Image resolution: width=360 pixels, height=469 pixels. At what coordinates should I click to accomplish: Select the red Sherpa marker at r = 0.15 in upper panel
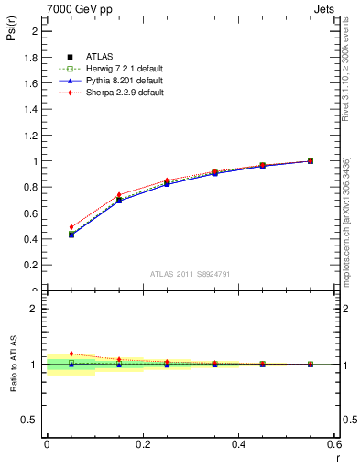(x=118, y=194)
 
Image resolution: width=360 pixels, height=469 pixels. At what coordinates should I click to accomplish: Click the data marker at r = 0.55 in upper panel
(x=311, y=161)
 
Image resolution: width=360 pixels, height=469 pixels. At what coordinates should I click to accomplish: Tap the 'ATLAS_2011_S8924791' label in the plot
(x=191, y=273)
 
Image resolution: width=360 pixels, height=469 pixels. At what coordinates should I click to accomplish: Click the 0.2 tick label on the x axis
(x=142, y=444)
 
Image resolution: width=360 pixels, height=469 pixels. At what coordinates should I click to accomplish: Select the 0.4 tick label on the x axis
(x=238, y=444)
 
